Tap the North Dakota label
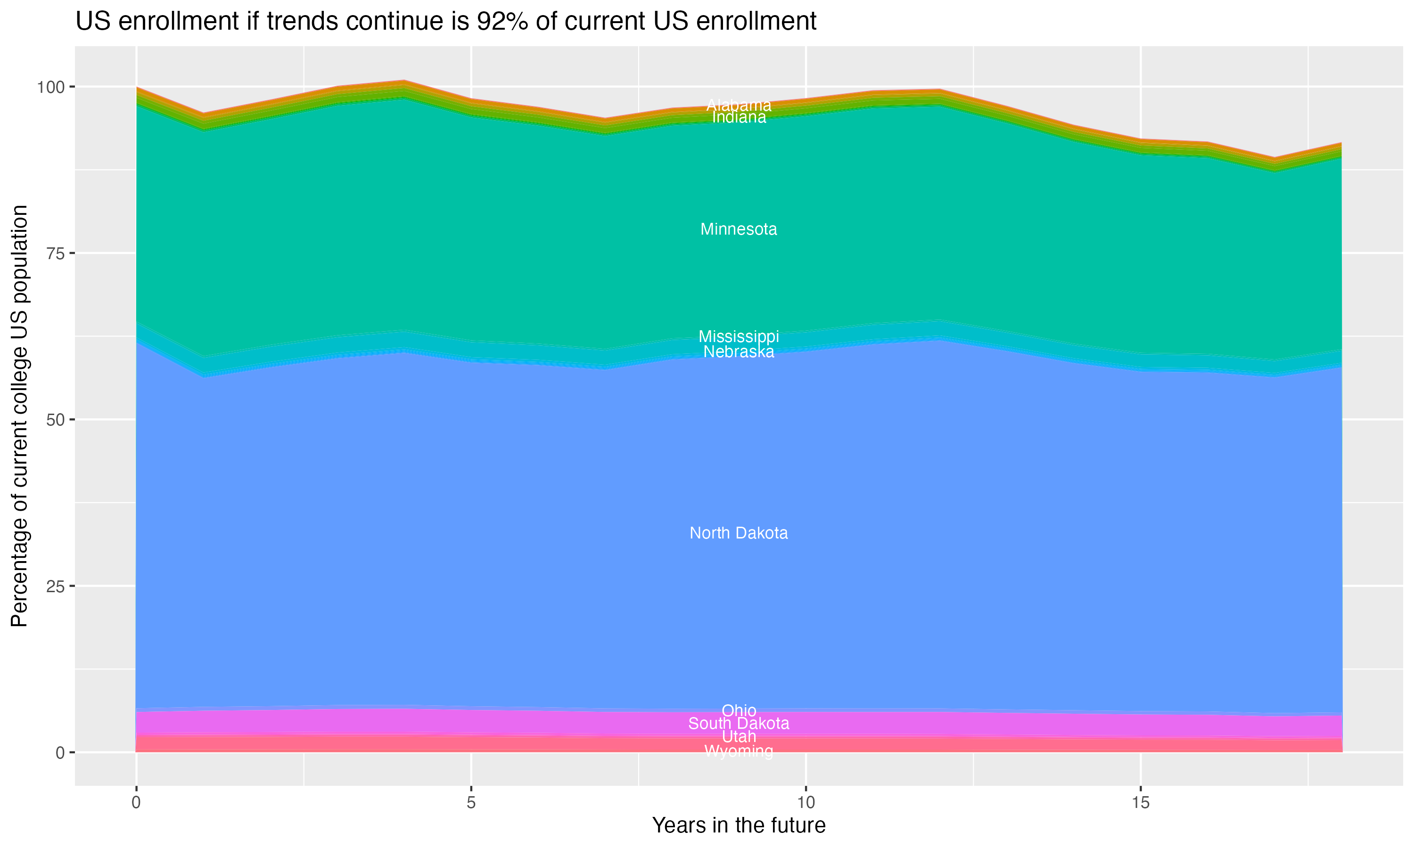pos(739,533)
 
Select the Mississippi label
pos(739,336)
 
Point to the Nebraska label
pos(739,352)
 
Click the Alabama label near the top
pos(739,105)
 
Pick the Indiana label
pos(739,118)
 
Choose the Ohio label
pos(739,711)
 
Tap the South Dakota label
pos(739,724)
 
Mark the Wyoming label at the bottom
pos(739,751)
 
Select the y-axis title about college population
pos(19,416)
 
